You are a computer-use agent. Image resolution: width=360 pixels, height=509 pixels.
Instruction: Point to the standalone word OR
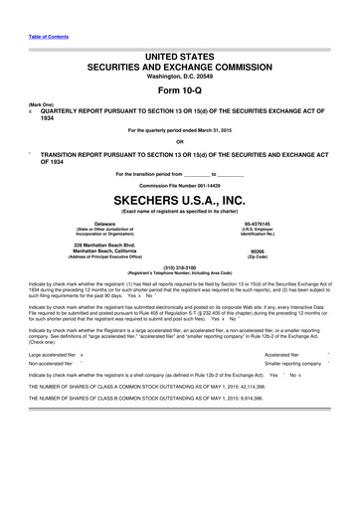[x=180, y=140]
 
